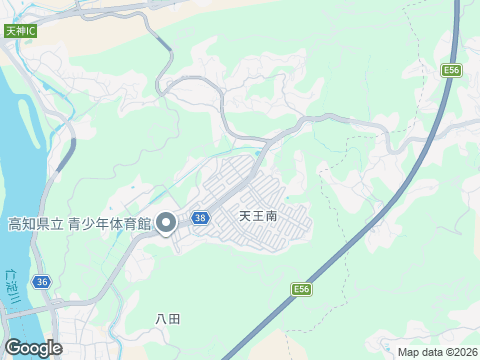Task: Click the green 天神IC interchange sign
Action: click(20, 31)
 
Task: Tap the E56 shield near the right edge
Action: click(452, 70)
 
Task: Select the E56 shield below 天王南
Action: click(301, 289)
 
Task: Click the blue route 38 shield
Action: click(201, 217)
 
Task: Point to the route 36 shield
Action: click(40, 282)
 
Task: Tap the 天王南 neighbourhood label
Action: click(257, 215)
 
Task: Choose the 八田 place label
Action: click(168, 319)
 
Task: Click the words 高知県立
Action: click(35, 223)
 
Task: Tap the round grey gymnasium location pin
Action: click(166, 222)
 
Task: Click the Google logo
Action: click(32, 348)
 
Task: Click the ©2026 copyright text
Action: click(461, 352)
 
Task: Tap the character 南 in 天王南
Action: click(271, 215)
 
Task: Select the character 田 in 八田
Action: click(175, 319)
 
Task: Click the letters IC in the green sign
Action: click(30, 31)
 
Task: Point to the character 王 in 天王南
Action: click(257, 215)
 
